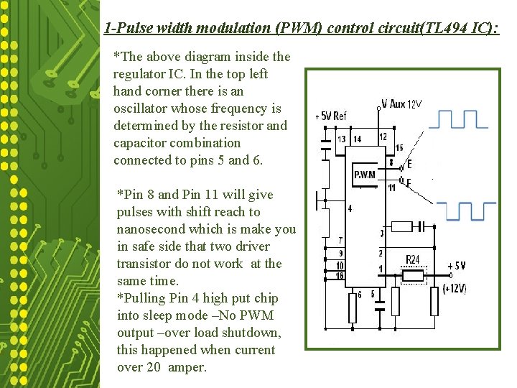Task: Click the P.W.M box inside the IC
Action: point(364,175)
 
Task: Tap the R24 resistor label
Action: point(413,259)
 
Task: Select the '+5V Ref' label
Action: point(331,116)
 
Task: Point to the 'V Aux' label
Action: point(393,104)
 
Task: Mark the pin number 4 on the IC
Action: point(350,208)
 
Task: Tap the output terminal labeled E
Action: point(409,165)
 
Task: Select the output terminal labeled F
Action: point(409,183)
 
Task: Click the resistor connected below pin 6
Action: point(353,307)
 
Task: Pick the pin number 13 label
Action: point(340,139)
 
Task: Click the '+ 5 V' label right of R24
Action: point(455,265)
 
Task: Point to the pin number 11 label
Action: point(391,188)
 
